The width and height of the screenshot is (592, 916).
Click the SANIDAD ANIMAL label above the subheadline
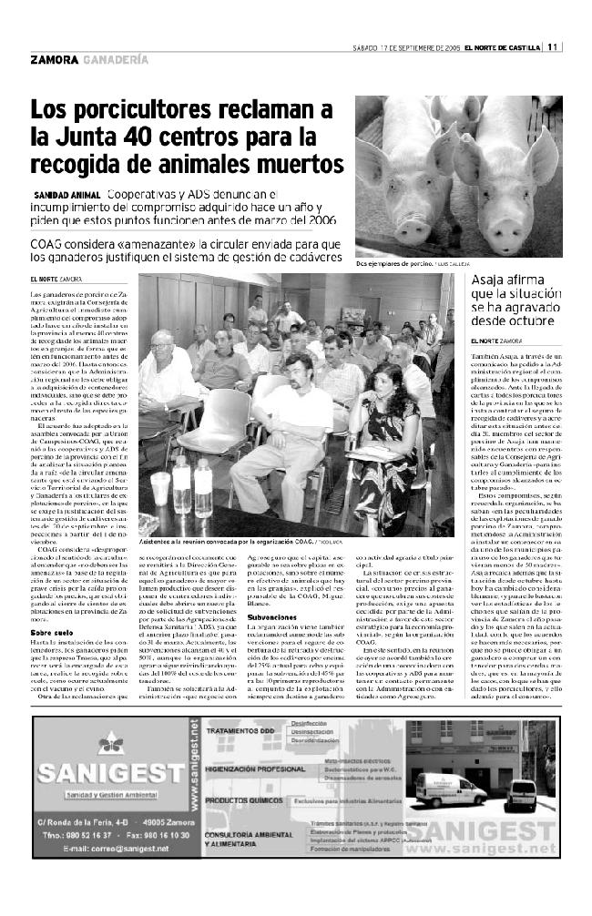click(x=66, y=196)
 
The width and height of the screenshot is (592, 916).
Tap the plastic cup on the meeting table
click(x=160, y=488)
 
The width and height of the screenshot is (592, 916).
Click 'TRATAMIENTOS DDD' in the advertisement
click(x=240, y=731)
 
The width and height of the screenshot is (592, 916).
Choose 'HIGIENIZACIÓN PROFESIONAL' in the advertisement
click(x=251, y=768)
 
